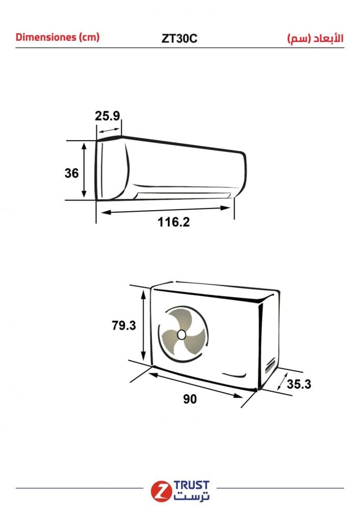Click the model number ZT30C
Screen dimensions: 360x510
pos(179,38)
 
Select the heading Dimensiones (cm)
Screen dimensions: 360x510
pos(58,37)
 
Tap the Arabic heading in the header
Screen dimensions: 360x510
pos(315,38)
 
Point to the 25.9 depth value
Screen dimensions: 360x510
pos(107,116)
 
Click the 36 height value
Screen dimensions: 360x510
pos(71,173)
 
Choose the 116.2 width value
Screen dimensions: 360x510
pos(173,222)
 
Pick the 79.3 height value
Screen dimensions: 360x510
pos(123,325)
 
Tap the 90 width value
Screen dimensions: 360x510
pos(190,399)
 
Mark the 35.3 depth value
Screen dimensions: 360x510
pos(299,384)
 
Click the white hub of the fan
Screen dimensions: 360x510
pos(181,335)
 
